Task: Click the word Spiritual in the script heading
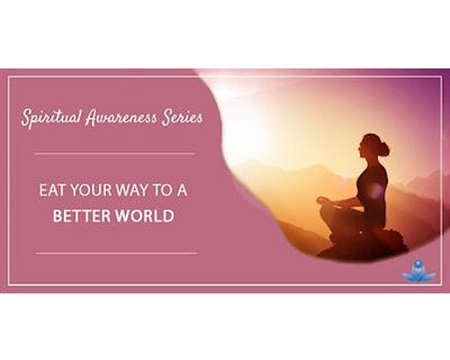point(51,117)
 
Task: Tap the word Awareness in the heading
point(121,117)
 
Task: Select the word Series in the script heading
point(182,117)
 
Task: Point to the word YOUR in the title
point(88,191)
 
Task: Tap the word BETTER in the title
point(82,216)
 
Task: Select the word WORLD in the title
point(145,216)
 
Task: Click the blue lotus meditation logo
point(418,271)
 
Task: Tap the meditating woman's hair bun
point(383,148)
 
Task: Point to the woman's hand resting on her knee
point(323,201)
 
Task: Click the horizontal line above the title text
point(115,154)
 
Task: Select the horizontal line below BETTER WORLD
point(117,253)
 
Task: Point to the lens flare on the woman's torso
point(375,191)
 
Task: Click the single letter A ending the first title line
point(182,191)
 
